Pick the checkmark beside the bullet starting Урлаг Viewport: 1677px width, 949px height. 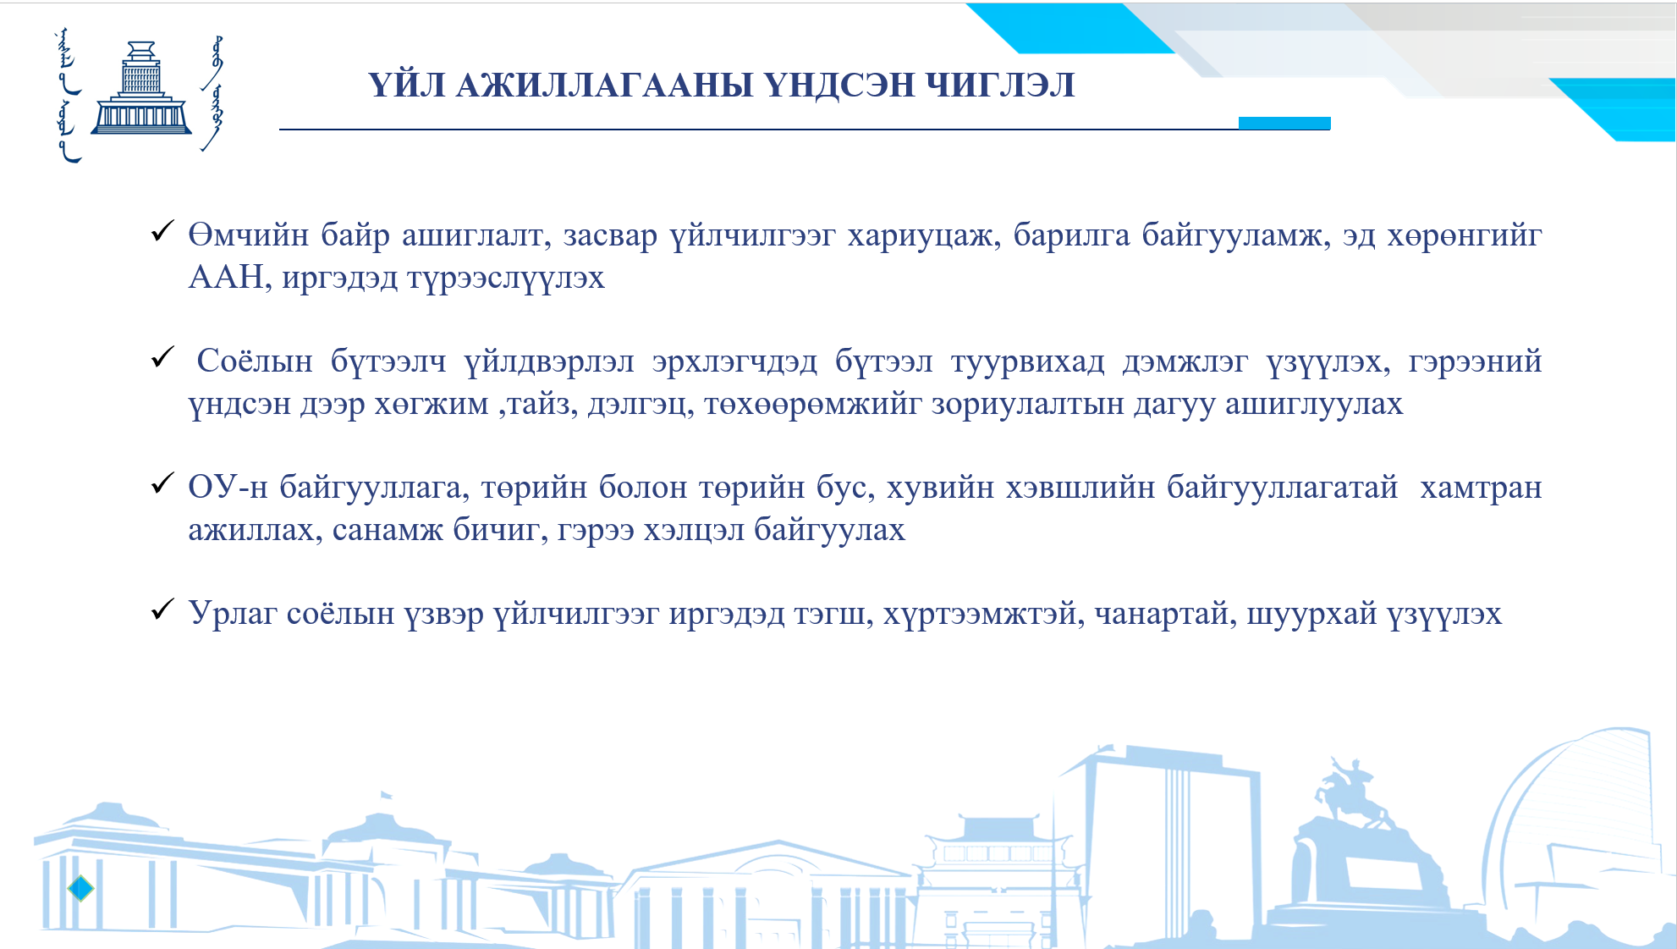click(162, 609)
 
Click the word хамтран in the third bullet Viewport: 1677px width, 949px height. click(1481, 488)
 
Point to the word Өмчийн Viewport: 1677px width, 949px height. click(249, 235)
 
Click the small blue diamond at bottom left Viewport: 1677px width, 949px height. click(80, 888)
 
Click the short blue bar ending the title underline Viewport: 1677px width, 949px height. click(1284, 124)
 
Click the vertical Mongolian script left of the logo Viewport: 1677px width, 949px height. click(68, 96)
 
